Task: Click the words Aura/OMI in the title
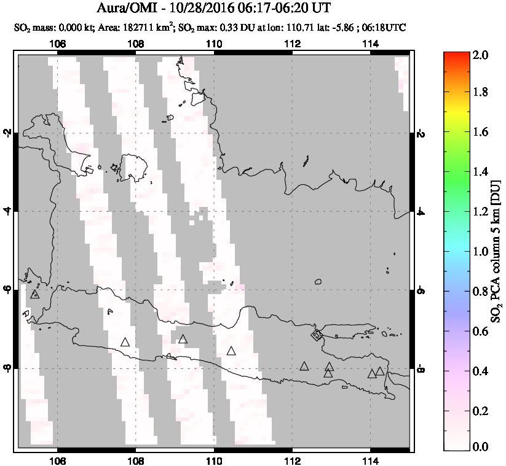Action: (x=127, y=9)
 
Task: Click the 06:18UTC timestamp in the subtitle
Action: (x=385, y=28)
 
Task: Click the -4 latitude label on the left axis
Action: (x=8, y=211)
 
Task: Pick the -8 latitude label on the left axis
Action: (x=8, y=368)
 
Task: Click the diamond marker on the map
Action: (x=317, y=335)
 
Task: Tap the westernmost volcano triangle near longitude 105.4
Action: (x=34, y=294)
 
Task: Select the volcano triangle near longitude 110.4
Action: (x=231, y=351)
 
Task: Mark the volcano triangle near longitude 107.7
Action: (x=125, y=342)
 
